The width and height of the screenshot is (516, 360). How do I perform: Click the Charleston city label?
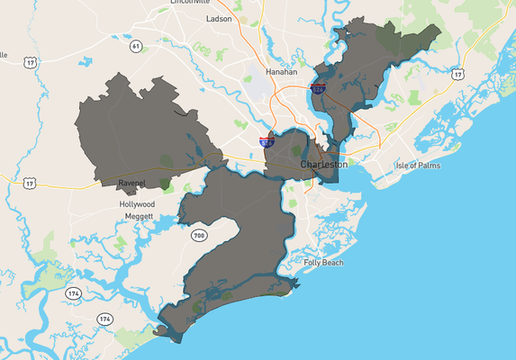[323, 166]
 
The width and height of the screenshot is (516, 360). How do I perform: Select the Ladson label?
[219, 18]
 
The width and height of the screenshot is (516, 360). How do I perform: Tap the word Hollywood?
[137, 204]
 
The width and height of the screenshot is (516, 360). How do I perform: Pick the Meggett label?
[137, 215]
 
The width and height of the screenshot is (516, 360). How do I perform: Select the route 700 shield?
[199, 236]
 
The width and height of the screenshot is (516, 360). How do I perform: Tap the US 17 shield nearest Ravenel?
[30, 183]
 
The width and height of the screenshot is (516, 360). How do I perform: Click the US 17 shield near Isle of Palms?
[458, 74]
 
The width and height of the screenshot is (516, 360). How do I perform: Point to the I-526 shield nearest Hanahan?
[318, 88]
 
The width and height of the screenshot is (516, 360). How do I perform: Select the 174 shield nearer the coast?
[105, 319]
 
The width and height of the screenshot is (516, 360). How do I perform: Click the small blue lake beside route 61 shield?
[86, 63]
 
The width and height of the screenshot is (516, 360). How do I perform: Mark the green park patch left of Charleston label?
[295, 151]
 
